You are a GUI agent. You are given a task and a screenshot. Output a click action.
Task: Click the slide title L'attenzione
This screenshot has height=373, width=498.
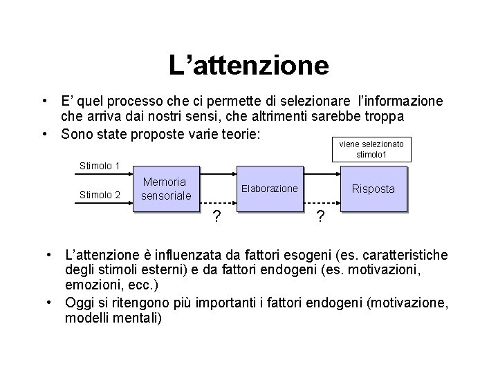pyautogui.click(x=249, y=66)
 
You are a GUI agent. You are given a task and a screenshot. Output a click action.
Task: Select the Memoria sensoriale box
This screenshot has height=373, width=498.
pyautogui.click(x=164, y=189)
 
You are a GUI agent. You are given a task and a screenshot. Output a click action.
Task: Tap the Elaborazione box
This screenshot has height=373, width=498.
pyautogui.click(x=269, y=189)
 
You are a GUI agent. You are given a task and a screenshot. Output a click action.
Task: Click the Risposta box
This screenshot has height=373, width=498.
pyautogui.click(x=373, y=189)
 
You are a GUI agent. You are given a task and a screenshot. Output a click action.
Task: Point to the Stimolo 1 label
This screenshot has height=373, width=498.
pyautogui.click(x=100, y=166)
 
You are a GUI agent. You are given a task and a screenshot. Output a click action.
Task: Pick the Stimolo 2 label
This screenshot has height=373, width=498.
pyautogui.click(x=100, y=195)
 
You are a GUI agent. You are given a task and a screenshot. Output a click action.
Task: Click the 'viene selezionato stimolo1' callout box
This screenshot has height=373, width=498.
pyautogui.click(x=372, y=149)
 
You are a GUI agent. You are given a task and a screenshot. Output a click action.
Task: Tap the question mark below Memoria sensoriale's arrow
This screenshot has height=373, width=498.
pyautogui.click(x=217, y=218)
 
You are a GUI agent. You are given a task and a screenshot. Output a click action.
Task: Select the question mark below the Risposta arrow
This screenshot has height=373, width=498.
pyautogui.click(x=320, y=218)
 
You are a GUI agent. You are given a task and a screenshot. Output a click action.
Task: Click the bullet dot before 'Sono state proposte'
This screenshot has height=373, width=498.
pyautogui.click(x=44, y=133)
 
